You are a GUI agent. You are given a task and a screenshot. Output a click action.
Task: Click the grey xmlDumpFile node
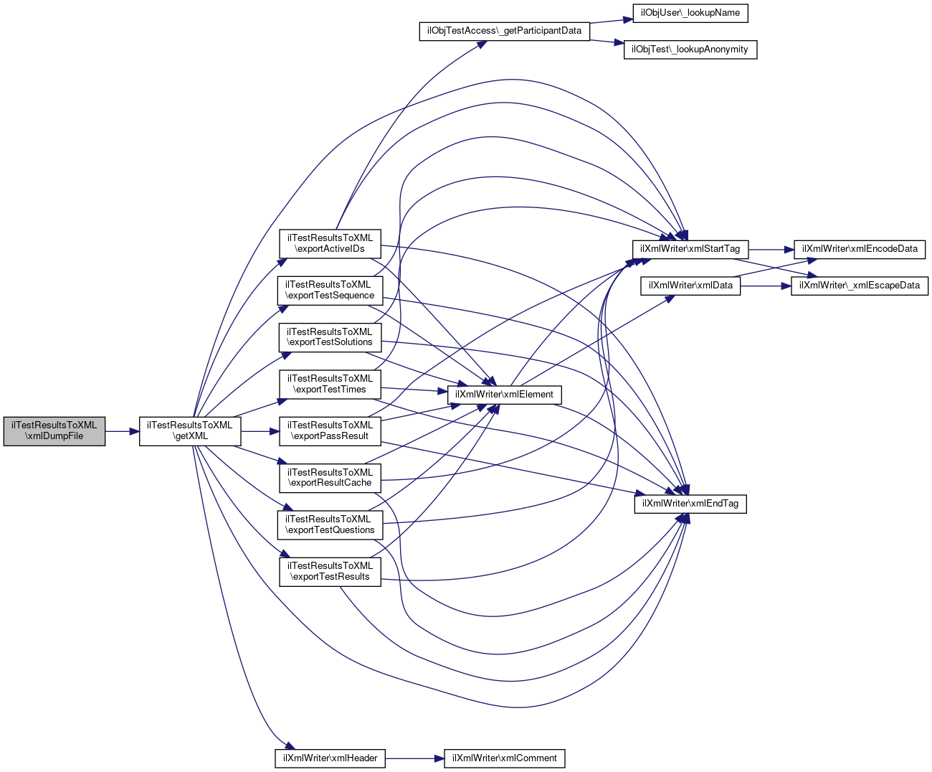tap(54, 431)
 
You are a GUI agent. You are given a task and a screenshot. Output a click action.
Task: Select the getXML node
tap(190, 431)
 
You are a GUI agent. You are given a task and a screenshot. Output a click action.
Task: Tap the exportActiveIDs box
tap(330, 243)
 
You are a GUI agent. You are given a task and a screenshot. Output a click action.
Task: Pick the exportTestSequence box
tap(330, 291)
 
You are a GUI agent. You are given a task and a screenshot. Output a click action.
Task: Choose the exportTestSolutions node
tap(330, 337)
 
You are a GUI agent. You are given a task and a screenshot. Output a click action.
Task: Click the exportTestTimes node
tap(330, 385)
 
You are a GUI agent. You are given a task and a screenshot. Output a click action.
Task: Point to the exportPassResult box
tap(330, 431)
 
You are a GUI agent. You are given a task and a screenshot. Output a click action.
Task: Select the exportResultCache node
tap(330, 478)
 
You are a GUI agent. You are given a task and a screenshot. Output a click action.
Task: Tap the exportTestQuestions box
tap(330, 525)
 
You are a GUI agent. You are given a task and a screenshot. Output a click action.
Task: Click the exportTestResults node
tap(330, 572)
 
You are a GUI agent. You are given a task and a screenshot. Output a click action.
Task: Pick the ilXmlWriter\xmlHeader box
tap(330, 758)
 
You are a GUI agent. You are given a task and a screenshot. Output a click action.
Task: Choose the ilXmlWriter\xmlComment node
tap(505, 758)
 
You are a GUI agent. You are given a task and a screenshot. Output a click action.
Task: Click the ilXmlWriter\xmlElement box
tap(505, 395)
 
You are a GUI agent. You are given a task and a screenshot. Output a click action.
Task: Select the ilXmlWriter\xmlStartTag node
tap(690, 249)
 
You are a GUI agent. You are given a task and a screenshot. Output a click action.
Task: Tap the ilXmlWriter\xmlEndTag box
tap(690, 504)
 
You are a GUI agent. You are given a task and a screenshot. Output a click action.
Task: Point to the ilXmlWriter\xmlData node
tap(690, 286)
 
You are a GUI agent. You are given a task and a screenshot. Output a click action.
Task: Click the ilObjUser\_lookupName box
tap(690, 13)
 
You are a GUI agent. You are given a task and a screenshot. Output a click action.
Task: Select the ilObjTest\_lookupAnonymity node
tap(690, 50)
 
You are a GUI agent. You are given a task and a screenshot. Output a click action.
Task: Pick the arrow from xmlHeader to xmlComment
tap(414, 758)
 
